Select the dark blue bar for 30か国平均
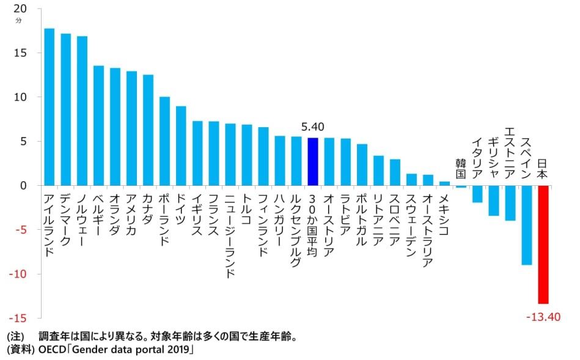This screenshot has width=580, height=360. coord(312,161)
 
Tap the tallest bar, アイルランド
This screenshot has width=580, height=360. coord(49,107)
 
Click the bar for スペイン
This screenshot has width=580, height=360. coord(526,225)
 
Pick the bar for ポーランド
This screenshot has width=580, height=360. coord(164,141)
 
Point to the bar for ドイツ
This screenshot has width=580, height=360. coord(181,145)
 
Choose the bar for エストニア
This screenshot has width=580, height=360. coord(510,203)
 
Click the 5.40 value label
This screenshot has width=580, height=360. coord(312,127)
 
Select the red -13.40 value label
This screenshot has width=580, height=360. coord(543,317)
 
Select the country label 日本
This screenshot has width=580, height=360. coord(543,169)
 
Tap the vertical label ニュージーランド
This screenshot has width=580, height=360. coord(230,235)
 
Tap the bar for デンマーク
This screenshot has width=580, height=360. coord(65,109)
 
